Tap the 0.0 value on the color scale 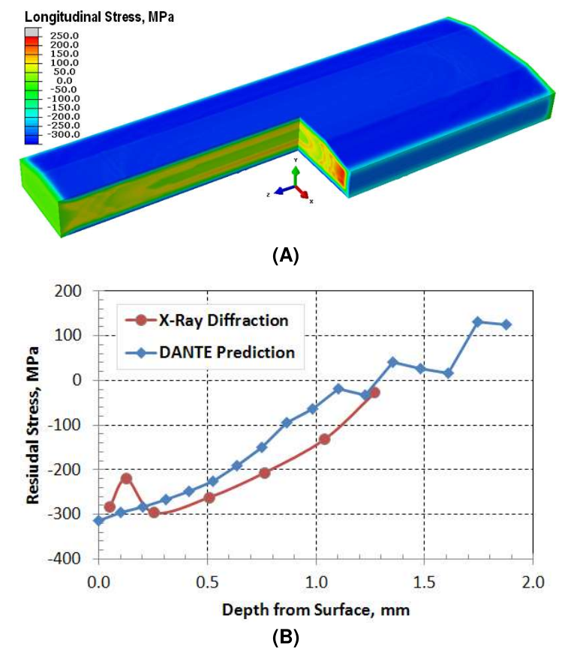tap(65, 80)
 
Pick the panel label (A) tap(287, 256)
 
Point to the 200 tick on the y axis tap(74, 291)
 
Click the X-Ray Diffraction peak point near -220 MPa tap(126, 478)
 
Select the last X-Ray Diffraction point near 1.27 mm tap(374, 392)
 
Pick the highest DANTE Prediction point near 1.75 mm tap(477, 322)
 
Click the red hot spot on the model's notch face tap(339, 175)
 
